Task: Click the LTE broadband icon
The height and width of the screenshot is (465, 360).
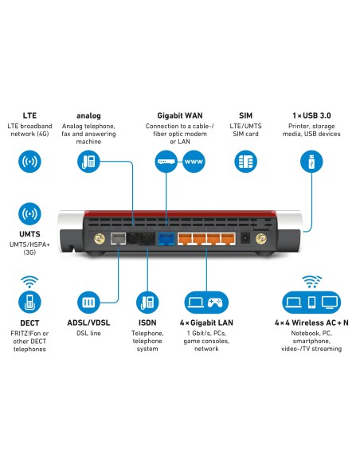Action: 30,162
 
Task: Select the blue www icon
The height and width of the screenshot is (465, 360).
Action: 193,162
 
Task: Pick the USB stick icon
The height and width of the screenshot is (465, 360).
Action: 310,162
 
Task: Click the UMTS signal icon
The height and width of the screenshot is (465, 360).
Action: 30,214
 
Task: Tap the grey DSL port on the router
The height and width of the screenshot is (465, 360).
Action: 118,237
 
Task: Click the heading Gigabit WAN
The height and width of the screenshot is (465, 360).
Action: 179,115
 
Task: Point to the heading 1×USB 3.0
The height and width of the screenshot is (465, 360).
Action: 310,115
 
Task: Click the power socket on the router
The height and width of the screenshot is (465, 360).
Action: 246,237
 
